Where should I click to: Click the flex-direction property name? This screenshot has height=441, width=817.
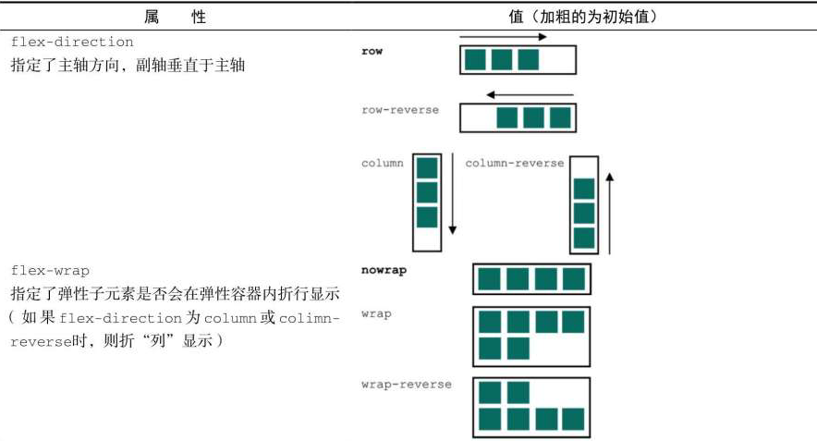click(72, 43)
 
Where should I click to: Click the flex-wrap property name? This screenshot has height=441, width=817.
click(50, 270)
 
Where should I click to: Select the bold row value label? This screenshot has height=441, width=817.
click(372, 52)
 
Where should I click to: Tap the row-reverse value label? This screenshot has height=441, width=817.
click(400, 110)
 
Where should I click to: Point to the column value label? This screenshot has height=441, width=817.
click(383, 163)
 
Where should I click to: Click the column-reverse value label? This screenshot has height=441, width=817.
click(514, 163)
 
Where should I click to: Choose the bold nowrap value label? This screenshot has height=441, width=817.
click(384, 270)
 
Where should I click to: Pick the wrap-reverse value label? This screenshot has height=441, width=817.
click(406, 384)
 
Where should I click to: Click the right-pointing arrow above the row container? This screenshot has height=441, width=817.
click(502, 38)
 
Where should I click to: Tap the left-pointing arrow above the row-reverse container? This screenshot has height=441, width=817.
click(530, 94)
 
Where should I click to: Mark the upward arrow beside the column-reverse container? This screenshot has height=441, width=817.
click(610, 211)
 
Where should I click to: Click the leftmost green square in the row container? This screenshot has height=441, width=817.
click(475, 60)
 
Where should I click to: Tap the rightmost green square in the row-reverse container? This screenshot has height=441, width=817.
click(560, 118)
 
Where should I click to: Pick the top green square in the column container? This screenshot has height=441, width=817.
click(426, 168)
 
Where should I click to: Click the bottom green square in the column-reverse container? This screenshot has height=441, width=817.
click(583, 237)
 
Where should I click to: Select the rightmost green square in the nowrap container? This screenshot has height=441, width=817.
click(574, 279)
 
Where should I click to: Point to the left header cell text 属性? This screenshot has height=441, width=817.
click(175, 18)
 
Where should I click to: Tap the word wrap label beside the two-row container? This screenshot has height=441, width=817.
click(376, 313)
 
